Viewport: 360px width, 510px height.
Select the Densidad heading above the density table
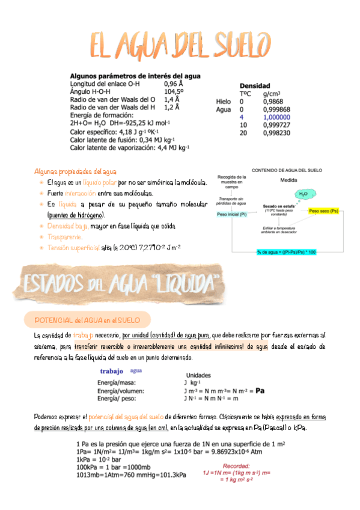[x=255, y=86]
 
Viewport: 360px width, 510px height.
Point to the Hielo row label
[x=224, y=102]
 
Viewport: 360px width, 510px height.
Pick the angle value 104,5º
[x=175, y=92]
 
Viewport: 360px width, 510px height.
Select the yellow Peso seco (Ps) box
[x=323, y=212]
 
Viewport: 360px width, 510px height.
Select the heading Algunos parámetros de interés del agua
[x=135, y=76]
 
